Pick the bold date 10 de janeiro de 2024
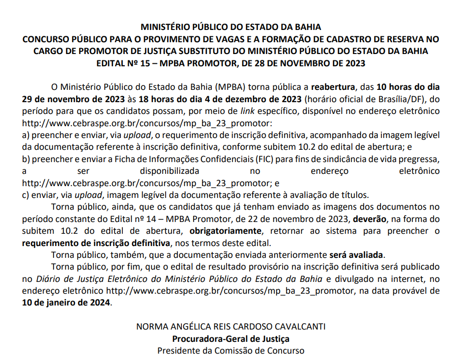pos(67,303)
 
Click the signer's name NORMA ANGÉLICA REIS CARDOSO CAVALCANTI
pos(231,327)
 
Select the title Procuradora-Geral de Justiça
pos(231,339)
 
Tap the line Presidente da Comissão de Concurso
pos(231,351)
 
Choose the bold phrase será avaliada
pos(357,255)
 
